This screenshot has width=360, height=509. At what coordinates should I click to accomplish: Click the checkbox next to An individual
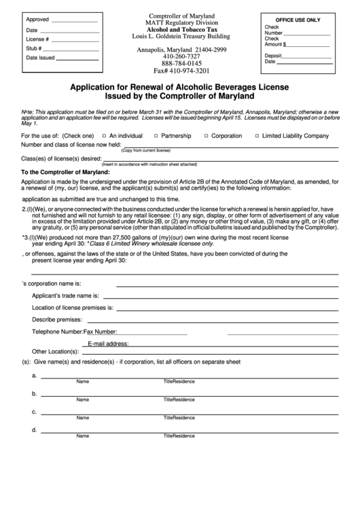click(x=103, y=135)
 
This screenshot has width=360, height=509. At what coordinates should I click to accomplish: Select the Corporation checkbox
click(x=204, y=135)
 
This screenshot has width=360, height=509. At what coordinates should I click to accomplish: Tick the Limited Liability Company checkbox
click(x=256, y=135)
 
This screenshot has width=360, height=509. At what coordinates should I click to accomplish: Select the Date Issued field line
click(x=77, y=58)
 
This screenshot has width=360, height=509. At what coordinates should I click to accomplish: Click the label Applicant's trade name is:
click(x=66, y=296)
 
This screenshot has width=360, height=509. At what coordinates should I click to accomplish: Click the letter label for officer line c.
click(x=34, y=412)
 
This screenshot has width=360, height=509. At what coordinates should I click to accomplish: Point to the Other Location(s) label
click(x=56, y=351)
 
